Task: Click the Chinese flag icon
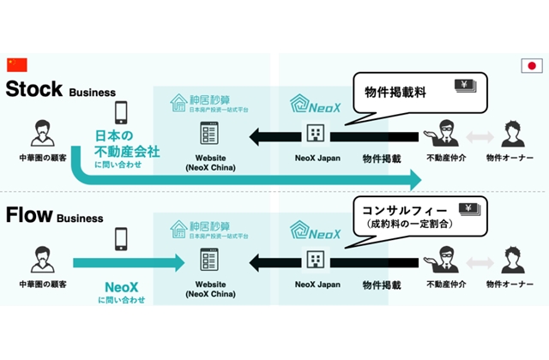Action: point(17,65)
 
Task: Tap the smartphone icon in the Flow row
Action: point(121,239)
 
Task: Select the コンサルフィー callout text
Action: point(403,209)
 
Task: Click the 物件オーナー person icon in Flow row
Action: point(512,259)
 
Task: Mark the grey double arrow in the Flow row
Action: point(480,259)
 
